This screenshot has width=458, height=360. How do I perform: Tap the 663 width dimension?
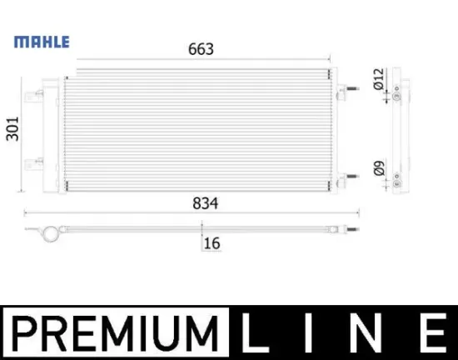[200, 49]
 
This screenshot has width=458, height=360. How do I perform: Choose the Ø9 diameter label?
[379, 169]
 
